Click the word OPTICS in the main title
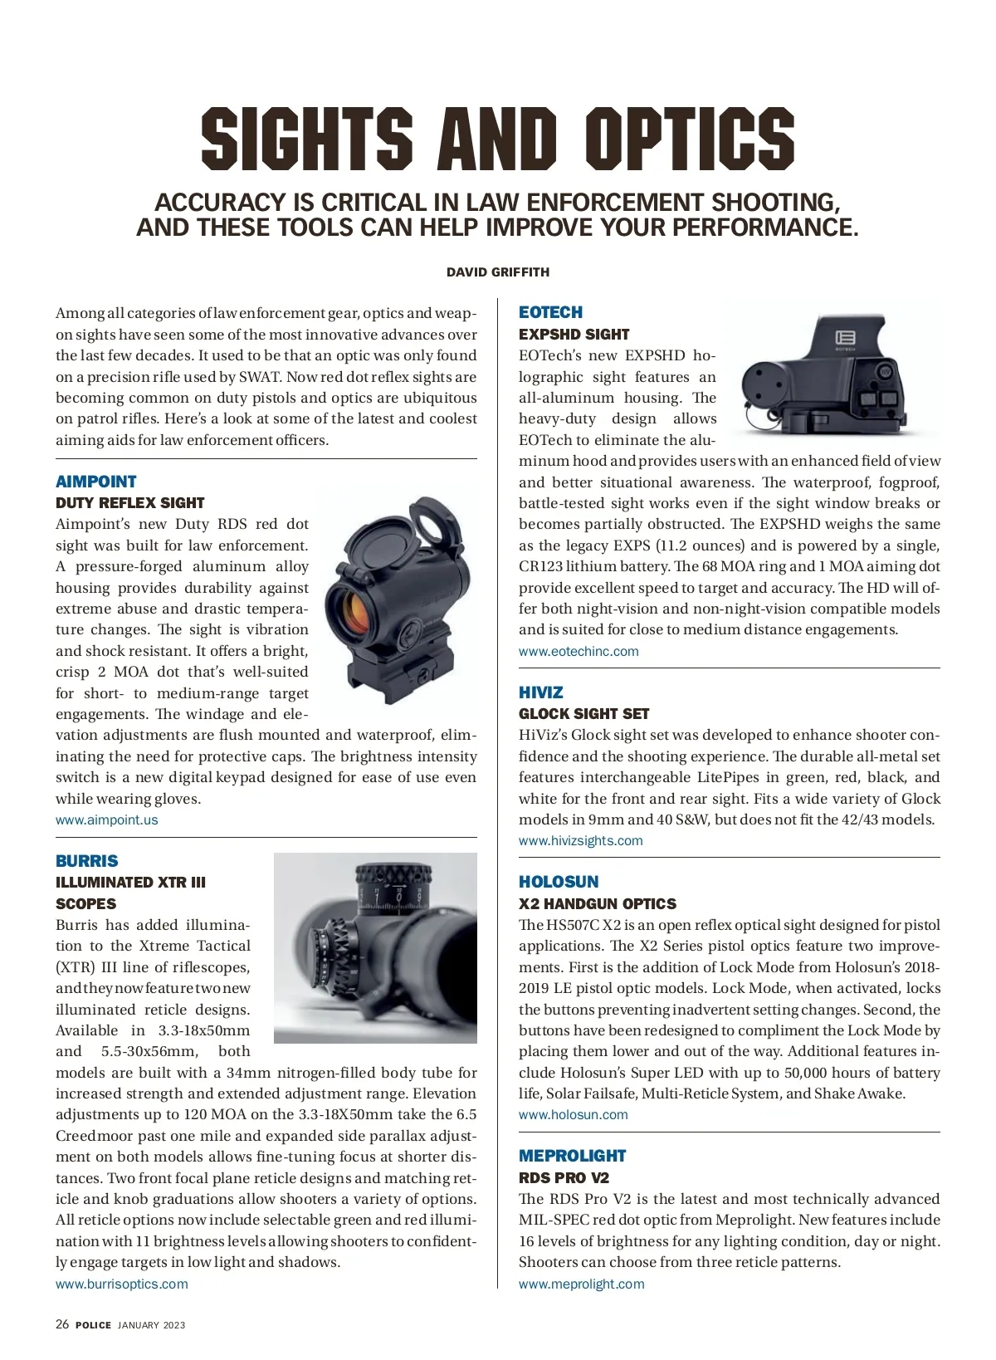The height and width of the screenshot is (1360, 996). click(x=689, y=139)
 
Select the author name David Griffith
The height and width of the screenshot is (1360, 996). click(x=497, y=272)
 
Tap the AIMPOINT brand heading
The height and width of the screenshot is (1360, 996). click(x=95, y=482)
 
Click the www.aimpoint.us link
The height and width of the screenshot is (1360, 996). click(x=106, y=819)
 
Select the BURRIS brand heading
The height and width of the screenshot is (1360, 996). click(x=86, y=861)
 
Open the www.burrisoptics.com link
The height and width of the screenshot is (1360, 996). click(x=121, y=1284)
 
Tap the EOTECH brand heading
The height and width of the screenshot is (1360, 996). click(x=550, y=312)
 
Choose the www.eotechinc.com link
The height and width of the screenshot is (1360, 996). click(x=579, y=651)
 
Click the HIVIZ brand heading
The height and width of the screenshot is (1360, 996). click(x=540, y=692)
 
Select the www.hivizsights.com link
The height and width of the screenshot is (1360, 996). click(x=580, y=840)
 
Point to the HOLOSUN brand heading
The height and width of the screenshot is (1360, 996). click(x=558, y=882)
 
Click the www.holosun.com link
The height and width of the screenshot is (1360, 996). click(x=573, y=1114)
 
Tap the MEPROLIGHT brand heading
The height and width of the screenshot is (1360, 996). click(x=572, y=1156)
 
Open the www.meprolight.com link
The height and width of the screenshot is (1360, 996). click(x=581, y=1284)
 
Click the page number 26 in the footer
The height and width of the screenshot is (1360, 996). click(x=62, y=1324)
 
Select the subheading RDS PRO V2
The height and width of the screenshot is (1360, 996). click(x=564, y=1177)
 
